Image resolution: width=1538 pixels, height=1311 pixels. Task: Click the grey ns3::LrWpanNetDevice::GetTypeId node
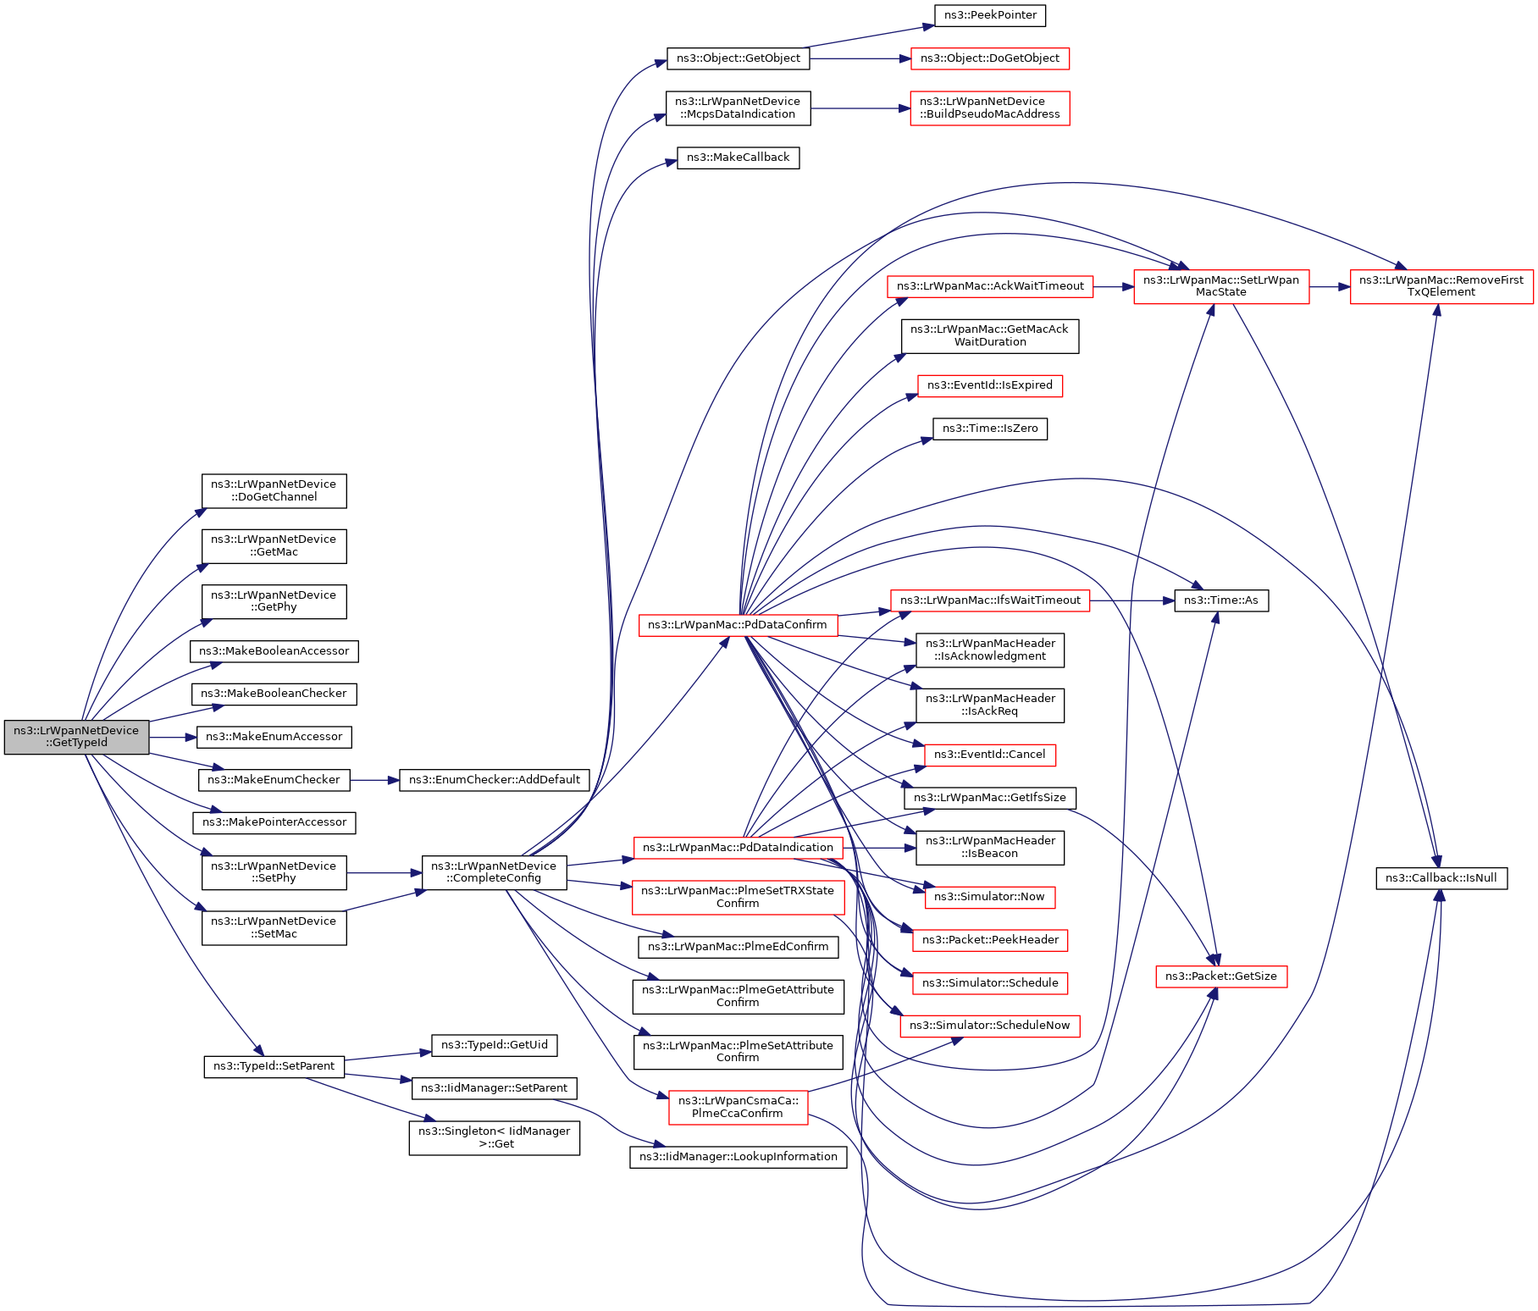tap(76, 737)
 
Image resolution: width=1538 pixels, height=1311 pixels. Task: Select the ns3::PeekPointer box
tap(990, 15)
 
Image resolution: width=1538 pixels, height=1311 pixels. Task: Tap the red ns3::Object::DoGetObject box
tap(989, 58)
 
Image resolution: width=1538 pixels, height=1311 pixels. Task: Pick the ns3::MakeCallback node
tap(738, 158)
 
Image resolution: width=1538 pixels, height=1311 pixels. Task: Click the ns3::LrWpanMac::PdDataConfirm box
tap(738, 625)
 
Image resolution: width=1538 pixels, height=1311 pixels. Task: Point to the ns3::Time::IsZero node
tap(989, 429)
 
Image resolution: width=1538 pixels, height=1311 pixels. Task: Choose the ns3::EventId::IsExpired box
tap(989, 385)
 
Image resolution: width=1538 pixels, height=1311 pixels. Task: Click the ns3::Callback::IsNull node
tap(1441, 878)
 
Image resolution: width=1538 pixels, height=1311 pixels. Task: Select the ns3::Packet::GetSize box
tap(1220, 976)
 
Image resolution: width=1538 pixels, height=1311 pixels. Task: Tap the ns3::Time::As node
tap(1220, 600)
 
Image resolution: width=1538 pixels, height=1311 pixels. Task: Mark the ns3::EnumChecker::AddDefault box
tap(494, 780)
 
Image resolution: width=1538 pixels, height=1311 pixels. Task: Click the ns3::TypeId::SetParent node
tap(274, 1066)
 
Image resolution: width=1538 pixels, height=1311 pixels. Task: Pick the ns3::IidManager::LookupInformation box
tap(738, 1157)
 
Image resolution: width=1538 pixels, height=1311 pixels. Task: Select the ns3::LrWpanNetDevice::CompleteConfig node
tap(494, 872)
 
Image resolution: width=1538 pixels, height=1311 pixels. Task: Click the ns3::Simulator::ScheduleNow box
tap(989, 1026)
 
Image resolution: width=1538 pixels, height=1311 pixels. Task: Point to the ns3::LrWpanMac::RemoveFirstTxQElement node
tap(1441, 286)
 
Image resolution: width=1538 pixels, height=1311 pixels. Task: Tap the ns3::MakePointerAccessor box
tap(274, 822)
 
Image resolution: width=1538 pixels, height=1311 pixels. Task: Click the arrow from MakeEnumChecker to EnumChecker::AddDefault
tap(374, 780)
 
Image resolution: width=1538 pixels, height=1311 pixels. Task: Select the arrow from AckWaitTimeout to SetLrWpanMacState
tap(1113, 287)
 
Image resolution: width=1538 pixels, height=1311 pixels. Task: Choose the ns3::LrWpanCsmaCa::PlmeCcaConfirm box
tap(738, 1107)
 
